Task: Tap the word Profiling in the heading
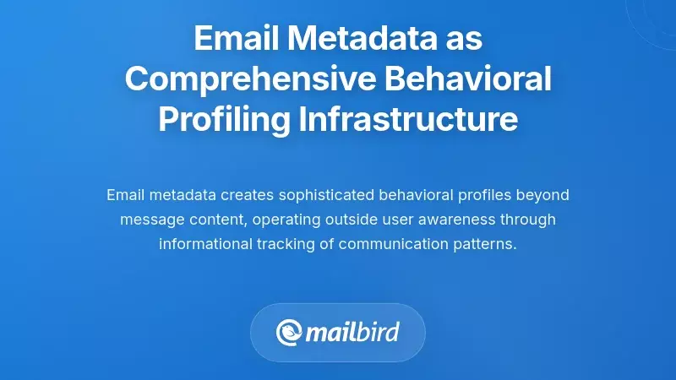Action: pos(223,119)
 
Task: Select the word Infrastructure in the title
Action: pos(408,119)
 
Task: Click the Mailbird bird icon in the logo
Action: pos(290,331)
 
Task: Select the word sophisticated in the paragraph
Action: pos(322,195)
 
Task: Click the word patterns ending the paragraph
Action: pos(485,244)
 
